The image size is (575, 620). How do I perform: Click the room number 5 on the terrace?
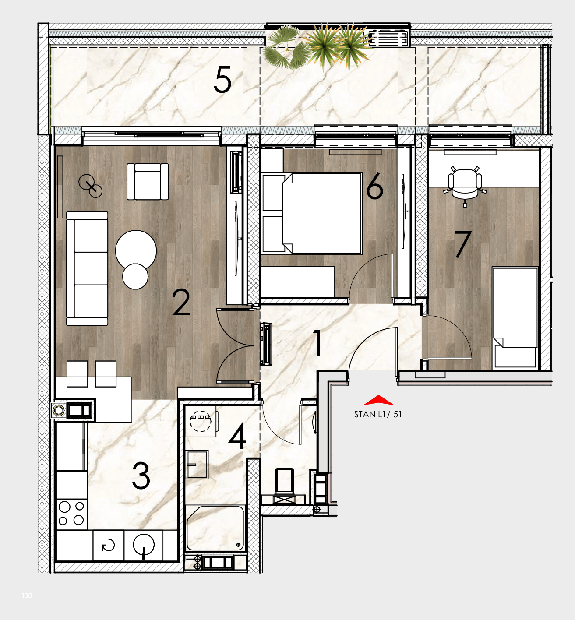[223, 80]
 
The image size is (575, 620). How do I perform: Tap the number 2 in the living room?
[181, 302]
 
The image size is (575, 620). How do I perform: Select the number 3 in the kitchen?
[141, 476]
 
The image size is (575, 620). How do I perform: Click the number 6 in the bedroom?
[374, 186]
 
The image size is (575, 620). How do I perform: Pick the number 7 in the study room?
[462, 244]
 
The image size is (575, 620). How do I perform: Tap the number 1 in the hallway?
[317, 343]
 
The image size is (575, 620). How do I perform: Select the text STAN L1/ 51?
[378, 414]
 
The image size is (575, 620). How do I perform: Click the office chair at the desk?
[465, 186]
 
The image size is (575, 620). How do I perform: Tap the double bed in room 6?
[312, 213]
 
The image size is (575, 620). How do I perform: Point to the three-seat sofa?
[87, 268]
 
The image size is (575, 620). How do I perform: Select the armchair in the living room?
[148, 181]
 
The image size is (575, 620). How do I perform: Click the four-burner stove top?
[71, 513]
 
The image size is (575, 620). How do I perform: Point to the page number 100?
[27, 595]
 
